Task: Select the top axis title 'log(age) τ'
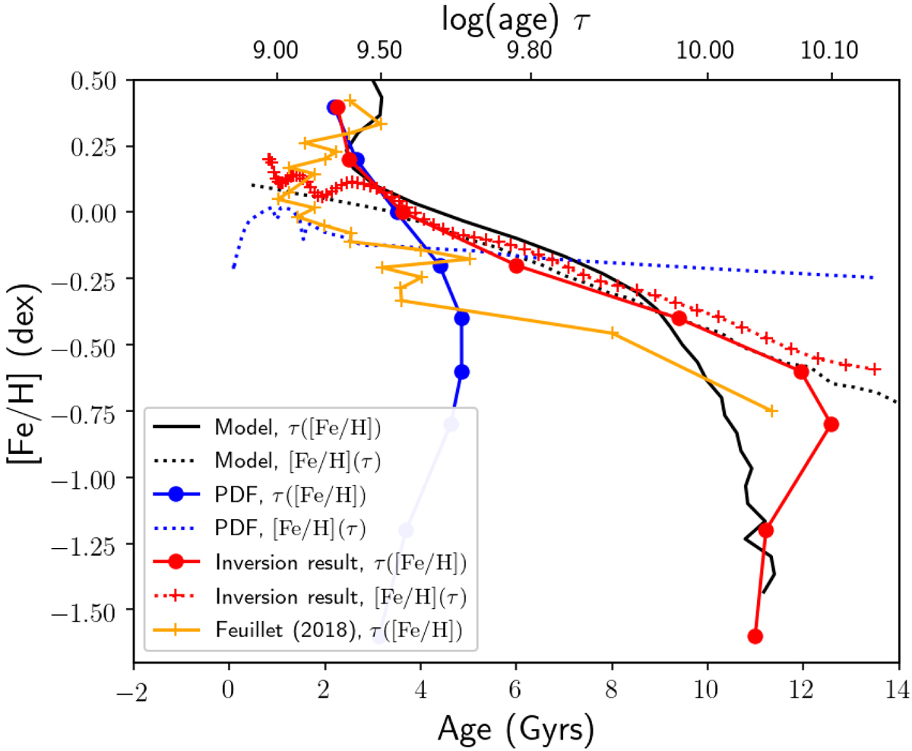click(x=515, y=18)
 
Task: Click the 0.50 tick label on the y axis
click(x=97, y=81)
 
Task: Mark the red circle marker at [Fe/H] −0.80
click(x=831, y=424)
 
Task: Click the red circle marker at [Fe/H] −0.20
click(x=516, y=266)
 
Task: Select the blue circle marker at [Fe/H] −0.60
click(x=462, y=372)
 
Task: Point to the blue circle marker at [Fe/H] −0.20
click(x=440, y=266)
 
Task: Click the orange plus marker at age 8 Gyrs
click(x=613, y=333)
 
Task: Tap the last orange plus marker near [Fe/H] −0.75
click(x=771, y=410)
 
